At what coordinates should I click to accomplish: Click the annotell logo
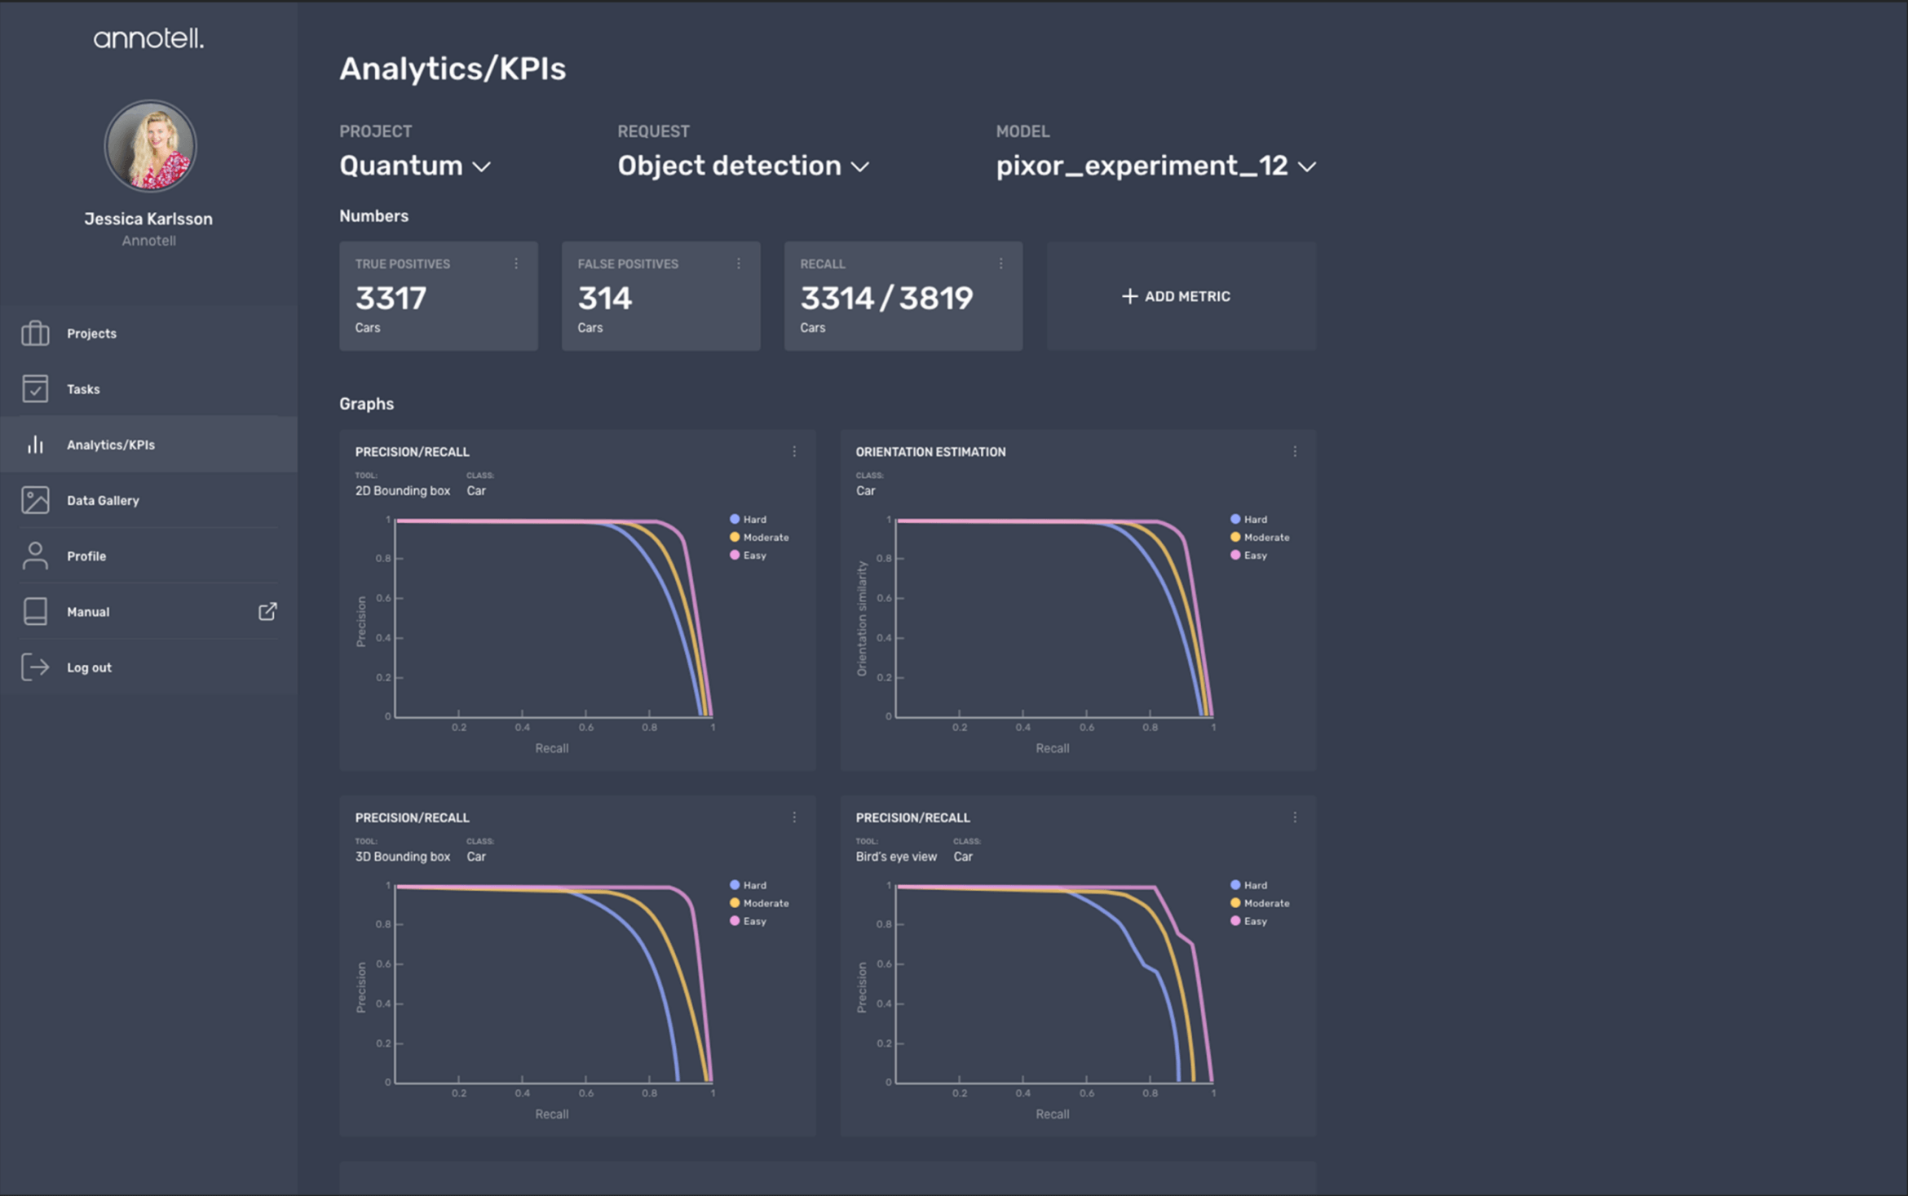[148, 38]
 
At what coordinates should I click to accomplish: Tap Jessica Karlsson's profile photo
[150, 146]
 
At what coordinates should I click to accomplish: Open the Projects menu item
[91, 334]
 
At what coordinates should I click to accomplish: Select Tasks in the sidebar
[83, 389]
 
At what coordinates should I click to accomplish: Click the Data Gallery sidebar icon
[35, 500]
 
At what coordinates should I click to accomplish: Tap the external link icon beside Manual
[267, 611]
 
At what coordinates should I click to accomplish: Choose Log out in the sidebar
[89, 667]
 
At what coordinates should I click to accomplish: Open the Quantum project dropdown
[415, 166]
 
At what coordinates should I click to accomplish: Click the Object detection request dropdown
[743, 166]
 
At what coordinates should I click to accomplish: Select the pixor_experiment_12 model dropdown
[1155, 166]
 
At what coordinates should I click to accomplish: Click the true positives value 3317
[391, 298]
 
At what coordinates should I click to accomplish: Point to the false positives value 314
[605, 298]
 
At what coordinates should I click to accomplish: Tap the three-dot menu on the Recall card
[1000, 264]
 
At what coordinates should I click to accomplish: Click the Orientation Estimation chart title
[930, 452]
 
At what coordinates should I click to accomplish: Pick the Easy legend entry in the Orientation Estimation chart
[1248, 556]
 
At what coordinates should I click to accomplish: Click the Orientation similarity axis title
[862, 618]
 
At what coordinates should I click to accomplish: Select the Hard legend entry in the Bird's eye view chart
[1248, 885]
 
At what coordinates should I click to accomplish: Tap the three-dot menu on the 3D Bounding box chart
[794, 817]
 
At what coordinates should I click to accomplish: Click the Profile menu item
[86, 556]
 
